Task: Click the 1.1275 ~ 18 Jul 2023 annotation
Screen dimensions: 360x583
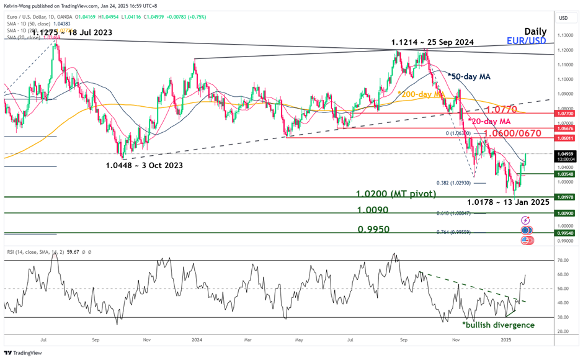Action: point(69,32)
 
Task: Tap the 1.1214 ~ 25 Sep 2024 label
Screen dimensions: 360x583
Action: point(432,42)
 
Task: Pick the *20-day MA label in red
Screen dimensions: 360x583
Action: point(489,121)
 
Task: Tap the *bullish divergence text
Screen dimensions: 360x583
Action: point(498,324)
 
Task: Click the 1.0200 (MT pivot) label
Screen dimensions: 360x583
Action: point(396,194)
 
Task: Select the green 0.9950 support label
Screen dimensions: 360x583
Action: point(373,229)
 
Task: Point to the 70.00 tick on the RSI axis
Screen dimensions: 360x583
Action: point(563,261)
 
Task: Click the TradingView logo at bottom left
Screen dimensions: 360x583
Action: point(25,351)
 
